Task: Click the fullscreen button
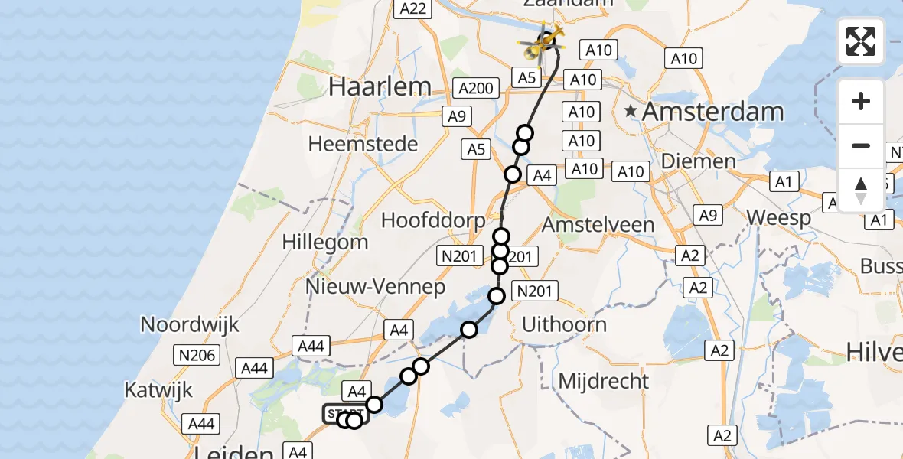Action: pyautogui.click(x=861, y=41)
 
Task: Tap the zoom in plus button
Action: pyautogui.click(x=861, y=102)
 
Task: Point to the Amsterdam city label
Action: pyautogui.click(x=712, y=112)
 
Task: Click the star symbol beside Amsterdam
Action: pyautogui.click(x=631, y=112)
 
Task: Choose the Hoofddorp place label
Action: pyautogui.click(x=433, y=220)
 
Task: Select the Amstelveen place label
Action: pyautogui.click(x=598, y=225)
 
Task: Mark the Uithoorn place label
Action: pyautogui.click(x=564, y=324)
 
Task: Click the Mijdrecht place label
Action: pyautogui.click(x=604, y=380)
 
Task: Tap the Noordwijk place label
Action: pyautogui.click(x=190, y=324)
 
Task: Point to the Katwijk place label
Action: pyautogui.click(x=158, y=390)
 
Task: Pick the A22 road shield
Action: pyautogui.click(x=413, y=8)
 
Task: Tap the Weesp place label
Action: pyautogui.click(x=778, y=218)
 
